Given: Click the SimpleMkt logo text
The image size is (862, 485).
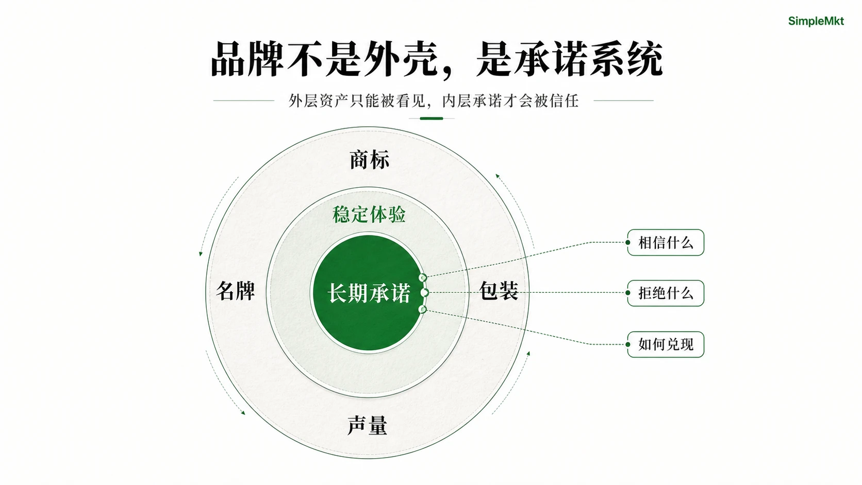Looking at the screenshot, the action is pos(816,21).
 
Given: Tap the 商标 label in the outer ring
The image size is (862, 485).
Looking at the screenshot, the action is pos(369,160).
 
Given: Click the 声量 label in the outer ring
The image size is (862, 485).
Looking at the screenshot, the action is pos(367,425).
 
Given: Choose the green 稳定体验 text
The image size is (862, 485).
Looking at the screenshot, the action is pos(369,214).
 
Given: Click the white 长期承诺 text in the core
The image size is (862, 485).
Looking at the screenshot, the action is pos(369,293).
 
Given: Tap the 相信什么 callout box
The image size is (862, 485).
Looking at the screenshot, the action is pos(666,242).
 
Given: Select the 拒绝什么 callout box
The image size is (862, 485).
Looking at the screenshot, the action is pos(666,293).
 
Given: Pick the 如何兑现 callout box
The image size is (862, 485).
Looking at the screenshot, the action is pos(666,344).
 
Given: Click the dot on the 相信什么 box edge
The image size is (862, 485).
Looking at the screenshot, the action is pos(627,242).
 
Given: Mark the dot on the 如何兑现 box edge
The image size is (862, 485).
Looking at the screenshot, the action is pos(627,344).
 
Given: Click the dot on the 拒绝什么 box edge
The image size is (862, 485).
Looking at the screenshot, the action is pos(627,293).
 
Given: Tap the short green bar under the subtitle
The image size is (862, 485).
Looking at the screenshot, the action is pos(432,119).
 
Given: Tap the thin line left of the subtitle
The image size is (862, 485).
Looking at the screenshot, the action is pos(243,101).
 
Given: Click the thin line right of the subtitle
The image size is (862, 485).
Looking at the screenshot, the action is pos(623,101).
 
